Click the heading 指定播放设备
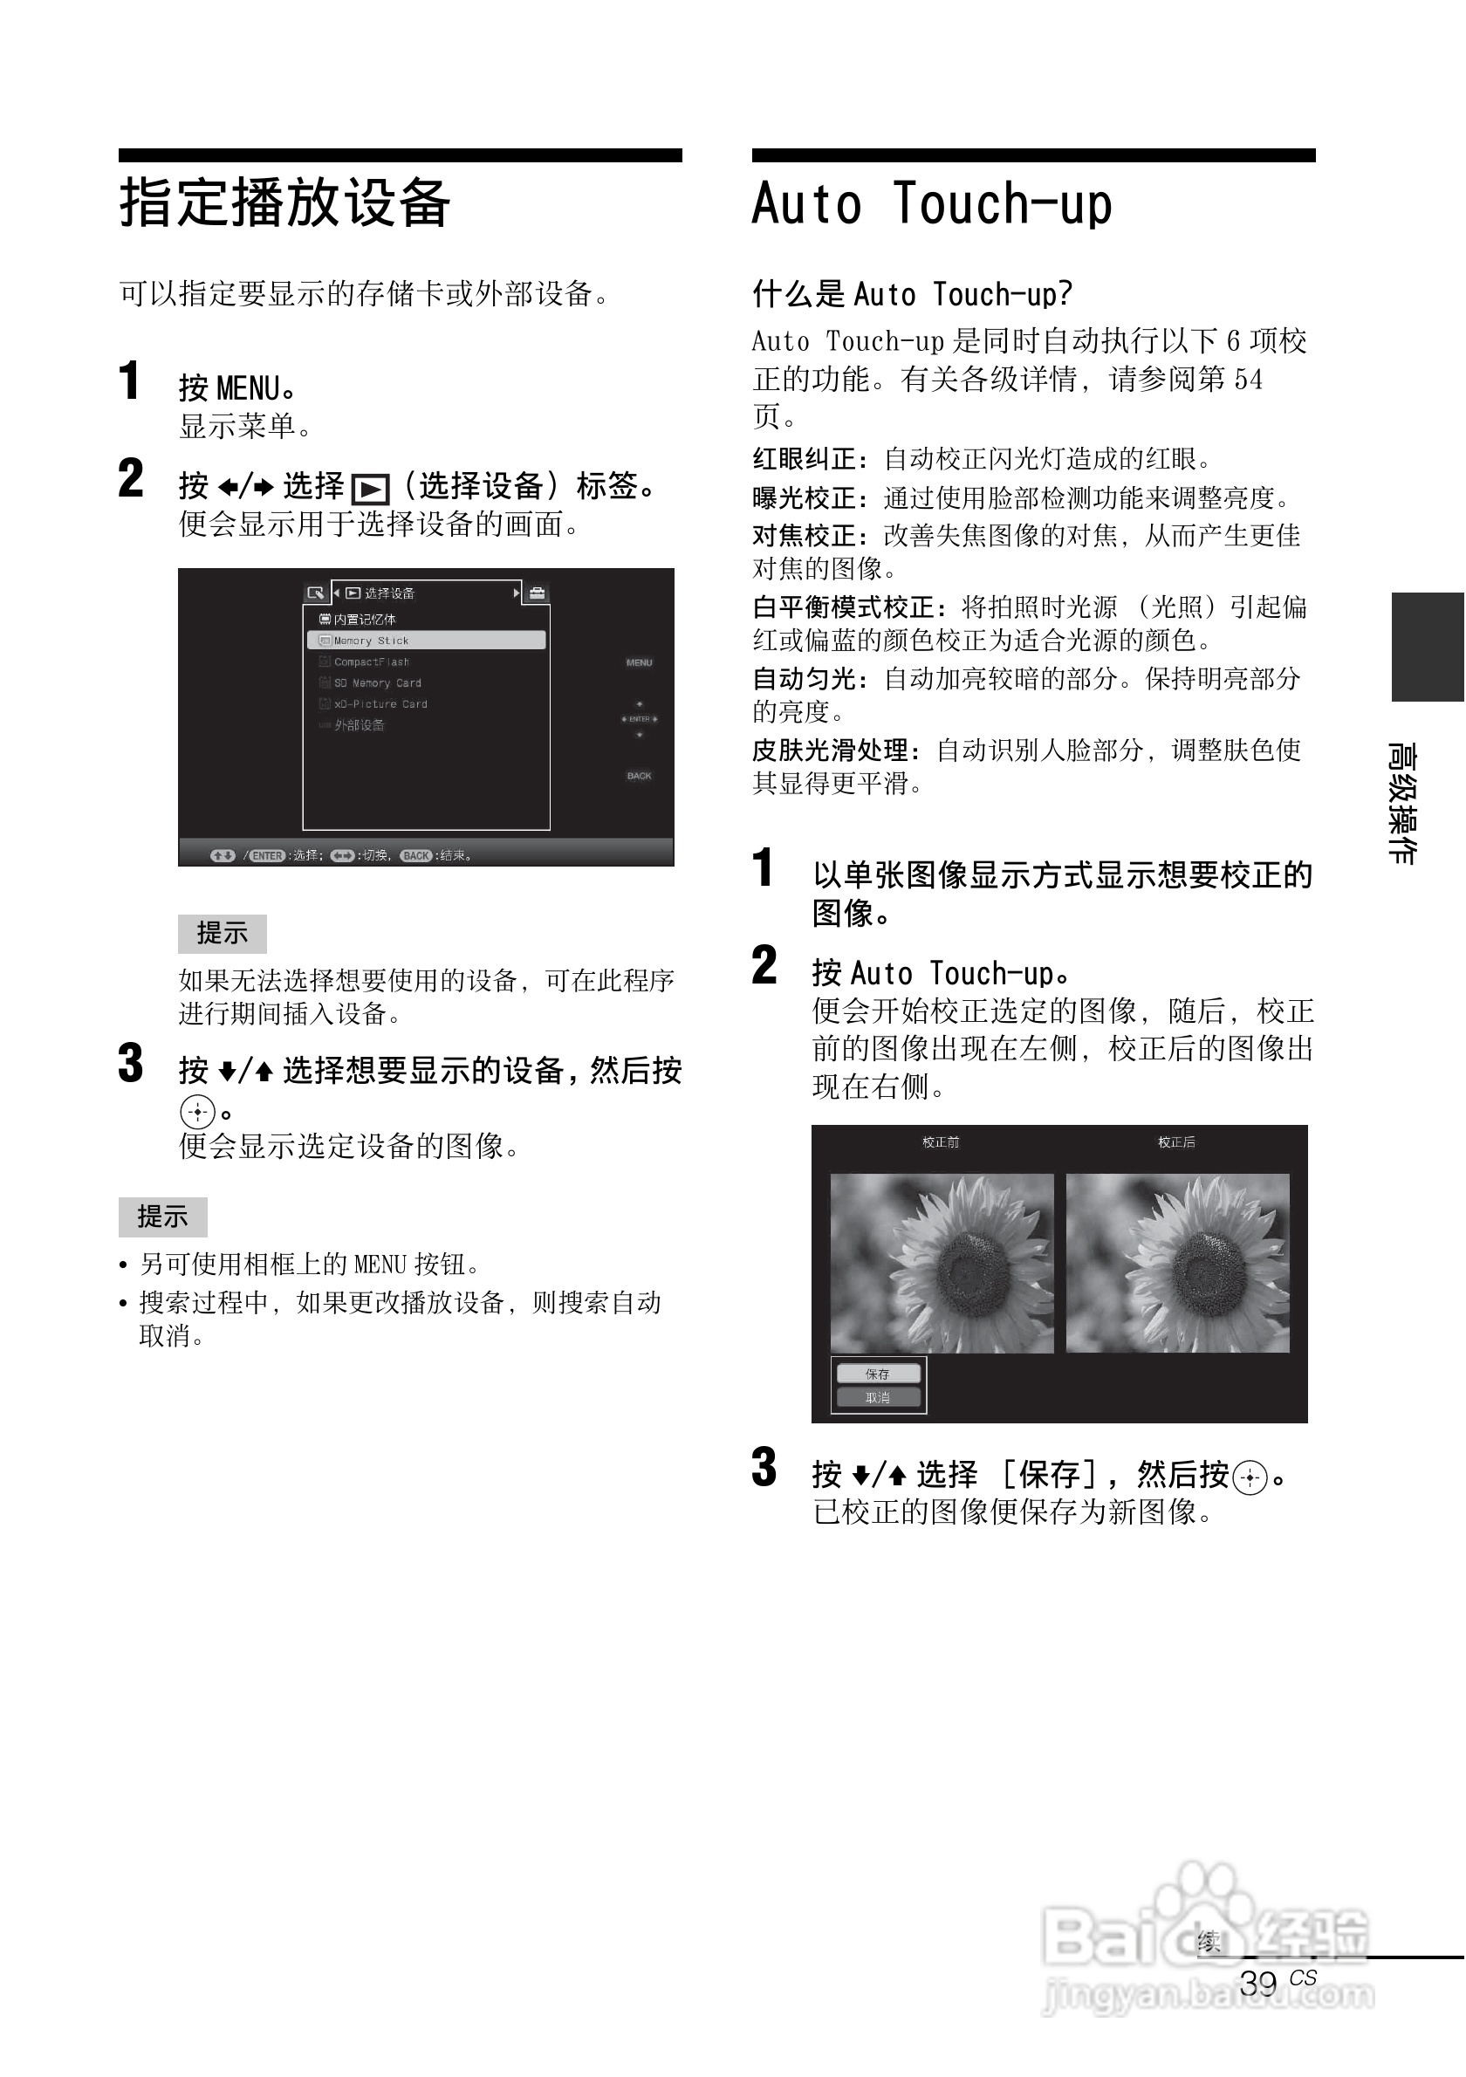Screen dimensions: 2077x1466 tap(284, 202)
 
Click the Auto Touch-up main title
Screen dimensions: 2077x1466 tap(931, 203)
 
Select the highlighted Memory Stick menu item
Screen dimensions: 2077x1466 tap(426, 641)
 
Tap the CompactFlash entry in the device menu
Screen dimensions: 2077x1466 tap(372, 662)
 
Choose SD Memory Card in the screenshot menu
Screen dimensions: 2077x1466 tap(377, 683)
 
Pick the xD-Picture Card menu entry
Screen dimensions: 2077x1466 tap(380, 703)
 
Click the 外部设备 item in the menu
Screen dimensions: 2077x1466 tap(359, 725)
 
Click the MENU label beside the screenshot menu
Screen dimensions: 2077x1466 tap(639, 663)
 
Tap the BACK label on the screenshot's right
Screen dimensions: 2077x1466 tap(639, 776)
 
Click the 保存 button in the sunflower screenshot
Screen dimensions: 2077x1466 tap(877, 1374)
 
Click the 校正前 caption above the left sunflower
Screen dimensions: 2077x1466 tap(941, 1142)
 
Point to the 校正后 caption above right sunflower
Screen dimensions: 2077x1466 tap(1176, 1142)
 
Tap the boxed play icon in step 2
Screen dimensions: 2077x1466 tap(370, 490)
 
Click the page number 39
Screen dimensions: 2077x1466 tap(1258, 1983)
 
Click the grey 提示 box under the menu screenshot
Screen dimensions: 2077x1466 tap(222, 934)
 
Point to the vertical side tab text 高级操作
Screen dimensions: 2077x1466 tap(1402, 802)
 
